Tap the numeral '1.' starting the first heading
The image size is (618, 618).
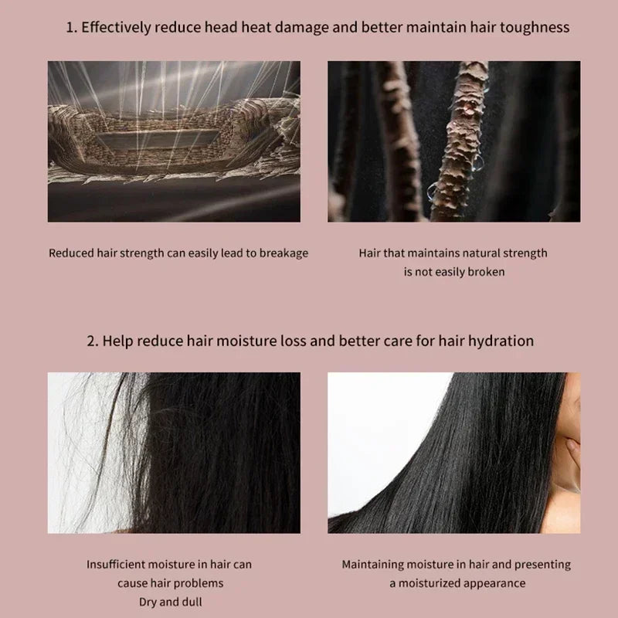(71, 28)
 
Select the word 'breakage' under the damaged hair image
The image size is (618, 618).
(283, 253)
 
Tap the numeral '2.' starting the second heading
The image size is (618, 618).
(92, 341)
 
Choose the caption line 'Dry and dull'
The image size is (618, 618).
(170, 601)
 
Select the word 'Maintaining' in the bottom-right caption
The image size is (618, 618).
(376, 565)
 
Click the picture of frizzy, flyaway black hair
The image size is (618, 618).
(174, 452)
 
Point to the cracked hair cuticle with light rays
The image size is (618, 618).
(174, 141)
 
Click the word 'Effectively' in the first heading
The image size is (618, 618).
(116, 28)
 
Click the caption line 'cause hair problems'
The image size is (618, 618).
(170, 583)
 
